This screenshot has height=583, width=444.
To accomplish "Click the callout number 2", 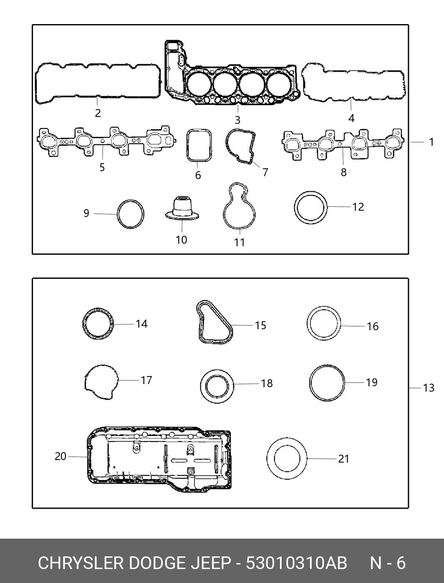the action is (x=98, y=113).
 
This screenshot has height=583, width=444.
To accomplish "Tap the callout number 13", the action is (x=429, y=388).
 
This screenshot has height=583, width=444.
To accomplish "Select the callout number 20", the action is (x=60, y=456).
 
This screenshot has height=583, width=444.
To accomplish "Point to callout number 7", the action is (x=265, y=172).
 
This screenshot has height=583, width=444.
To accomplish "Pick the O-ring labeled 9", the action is (x=117, y=214).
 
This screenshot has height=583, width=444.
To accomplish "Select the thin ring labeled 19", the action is (x=310, y=383).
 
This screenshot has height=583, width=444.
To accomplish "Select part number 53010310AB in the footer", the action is (x=296, y=563).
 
